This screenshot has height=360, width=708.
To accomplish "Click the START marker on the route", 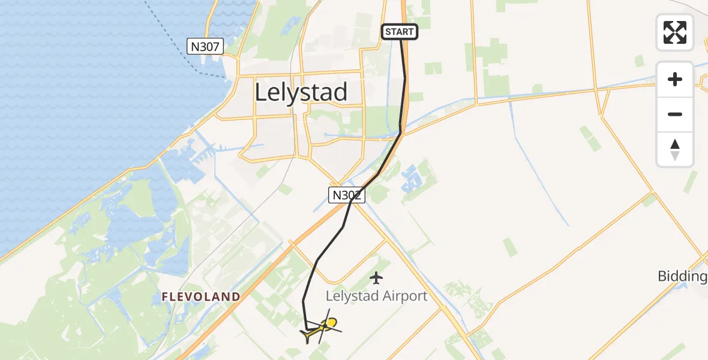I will (400, 32).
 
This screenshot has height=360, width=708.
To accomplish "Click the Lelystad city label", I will (301, 92).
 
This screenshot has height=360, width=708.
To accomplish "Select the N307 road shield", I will (205, 46).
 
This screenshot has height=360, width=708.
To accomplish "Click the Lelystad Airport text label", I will (376, 296).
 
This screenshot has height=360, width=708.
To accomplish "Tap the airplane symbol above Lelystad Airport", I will (376, 278).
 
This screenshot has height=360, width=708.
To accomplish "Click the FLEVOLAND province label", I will (201, 296).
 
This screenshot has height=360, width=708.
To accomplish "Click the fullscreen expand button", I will (675, 32).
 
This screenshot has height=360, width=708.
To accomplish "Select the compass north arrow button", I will (675, 149).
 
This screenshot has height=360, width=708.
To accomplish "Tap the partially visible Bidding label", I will (683, 277).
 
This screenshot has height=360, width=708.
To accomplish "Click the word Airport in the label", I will (406, 296).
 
